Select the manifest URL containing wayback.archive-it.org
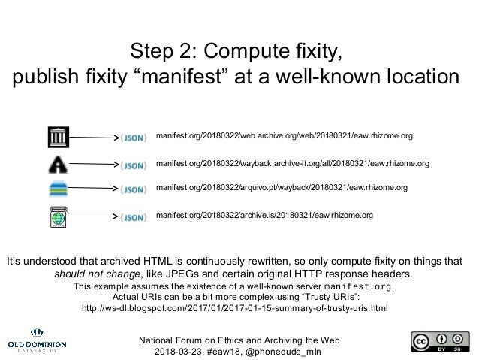pos(292,162)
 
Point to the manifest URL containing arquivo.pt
pos(282,187)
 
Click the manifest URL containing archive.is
pos(264,215)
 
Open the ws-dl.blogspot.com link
pos(233,308)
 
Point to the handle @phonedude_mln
pos(286,352)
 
